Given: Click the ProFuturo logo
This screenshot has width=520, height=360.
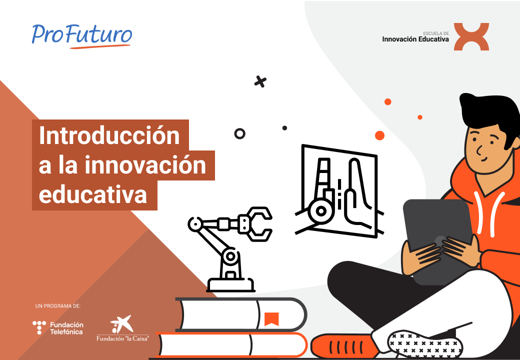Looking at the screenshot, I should pos(82,35).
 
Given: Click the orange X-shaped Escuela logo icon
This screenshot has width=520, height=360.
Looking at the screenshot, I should pos(471,36).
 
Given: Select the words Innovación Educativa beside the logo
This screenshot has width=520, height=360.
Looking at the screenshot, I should pos(415,39).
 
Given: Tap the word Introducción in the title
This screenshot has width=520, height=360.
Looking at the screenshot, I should pos(109,135).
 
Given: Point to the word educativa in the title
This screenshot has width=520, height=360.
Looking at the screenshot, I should pos(93,194).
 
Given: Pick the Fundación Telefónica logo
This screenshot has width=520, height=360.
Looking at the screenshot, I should pos(58,328).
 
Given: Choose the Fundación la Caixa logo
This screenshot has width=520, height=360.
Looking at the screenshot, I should pos(123,329).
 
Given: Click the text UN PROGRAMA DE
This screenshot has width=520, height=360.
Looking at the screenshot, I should pos(58,305).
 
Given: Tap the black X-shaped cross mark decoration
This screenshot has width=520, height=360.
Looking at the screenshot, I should pos(260,81).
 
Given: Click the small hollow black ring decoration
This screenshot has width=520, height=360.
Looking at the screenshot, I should pos(240,133).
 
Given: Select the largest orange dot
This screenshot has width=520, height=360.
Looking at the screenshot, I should pos(379,135).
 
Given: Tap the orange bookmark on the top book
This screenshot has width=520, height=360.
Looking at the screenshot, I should pos(271,318).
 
